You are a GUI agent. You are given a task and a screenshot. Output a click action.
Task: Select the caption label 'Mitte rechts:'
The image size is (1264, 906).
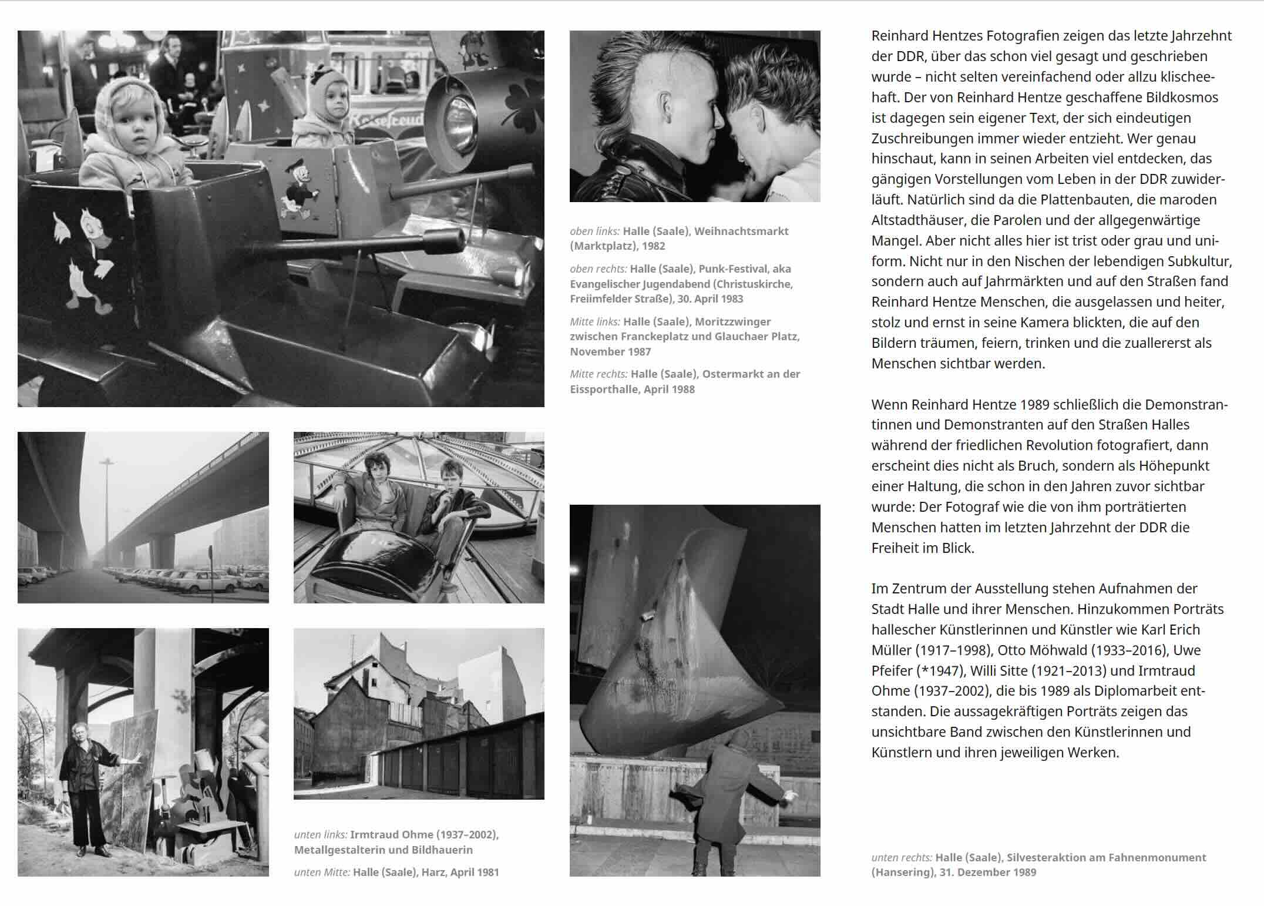click(x=594, y=374)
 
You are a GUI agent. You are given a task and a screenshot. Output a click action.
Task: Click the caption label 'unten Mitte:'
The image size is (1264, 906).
click(x=322, y=873)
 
